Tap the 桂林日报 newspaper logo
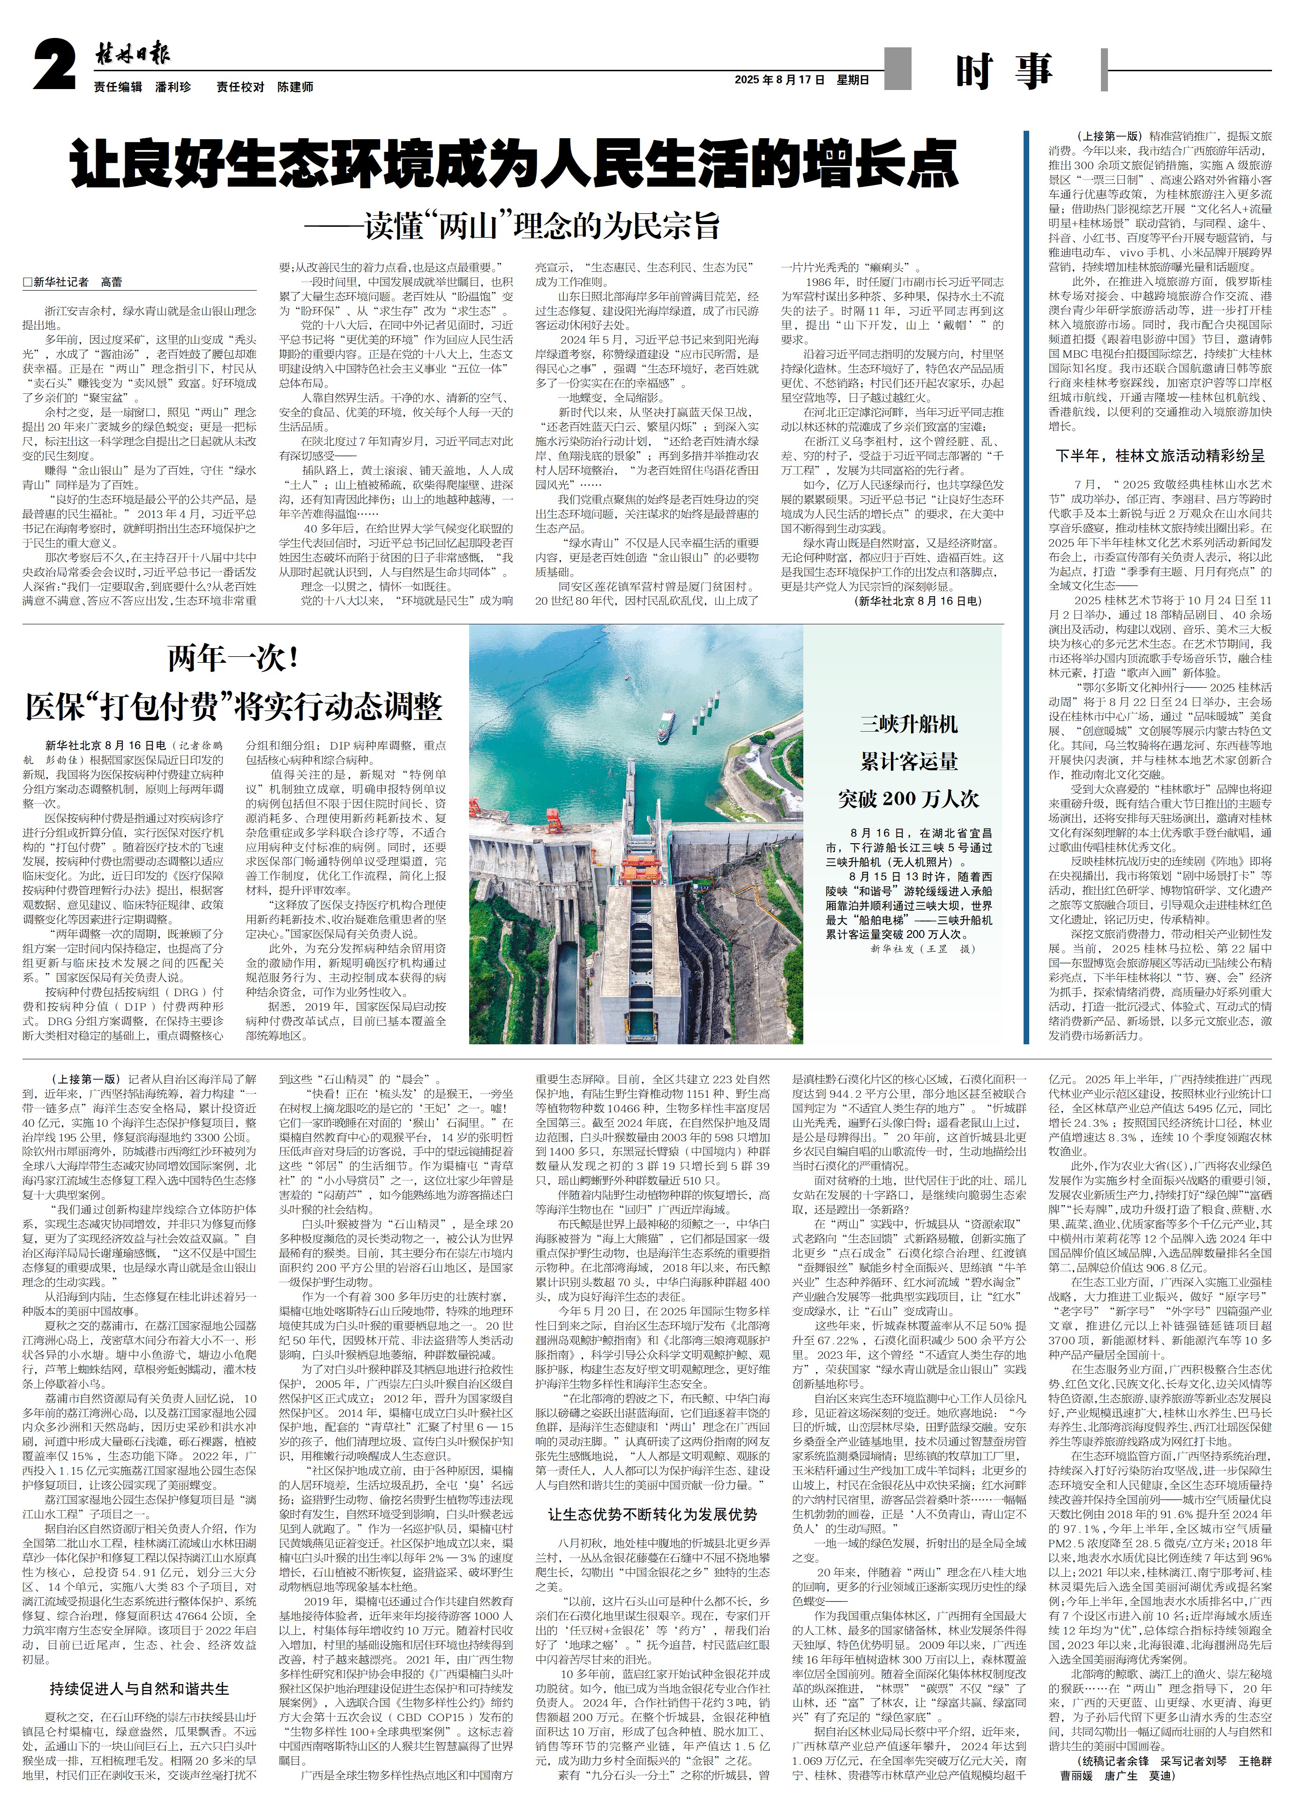pos(132,54)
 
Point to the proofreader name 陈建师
pos(295,87)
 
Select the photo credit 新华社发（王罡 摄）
pos(922,949)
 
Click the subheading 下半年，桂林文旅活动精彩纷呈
pos(1160,457)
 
